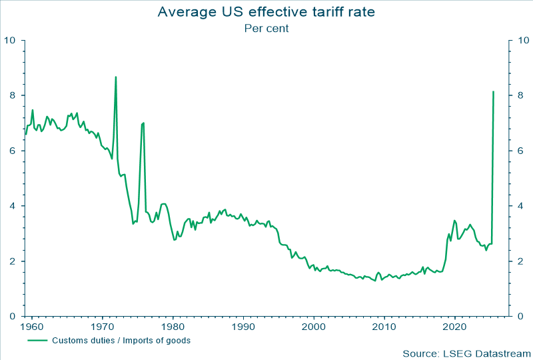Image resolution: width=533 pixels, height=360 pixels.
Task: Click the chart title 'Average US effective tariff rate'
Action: pos(266,12)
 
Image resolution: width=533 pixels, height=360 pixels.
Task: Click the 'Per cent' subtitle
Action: pos(266,29)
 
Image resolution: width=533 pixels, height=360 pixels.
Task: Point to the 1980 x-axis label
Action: pos(173,327)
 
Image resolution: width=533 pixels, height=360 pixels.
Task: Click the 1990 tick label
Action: pos(244,327)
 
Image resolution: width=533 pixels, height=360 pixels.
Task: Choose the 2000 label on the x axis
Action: pos(314,327)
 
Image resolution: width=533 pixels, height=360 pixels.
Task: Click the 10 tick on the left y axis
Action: pos(10,41)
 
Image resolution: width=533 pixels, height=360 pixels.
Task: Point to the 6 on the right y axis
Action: pos(520,151)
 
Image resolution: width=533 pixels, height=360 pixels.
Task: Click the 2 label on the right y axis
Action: pos(520,261)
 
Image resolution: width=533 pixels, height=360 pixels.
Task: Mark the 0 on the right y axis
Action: pos(520,317)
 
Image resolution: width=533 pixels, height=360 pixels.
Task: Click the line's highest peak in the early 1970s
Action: pos(116,77)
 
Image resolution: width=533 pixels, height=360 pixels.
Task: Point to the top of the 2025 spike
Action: pos(493,92)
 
